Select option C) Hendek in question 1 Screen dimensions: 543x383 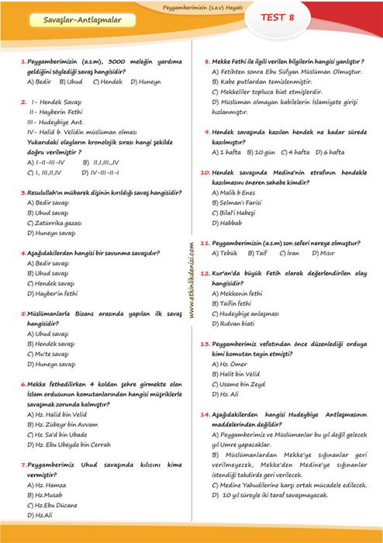pyautogui.click(x=107, y=80)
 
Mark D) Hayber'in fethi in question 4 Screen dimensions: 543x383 pyautogui.click(x=53, y=292)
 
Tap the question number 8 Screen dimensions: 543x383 pyautogui.click(x=208, y=61)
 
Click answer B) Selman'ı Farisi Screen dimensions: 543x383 pyautogui.click(x=243, y=202)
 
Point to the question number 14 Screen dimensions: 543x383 pyautogui.click(x=205, y=414)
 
